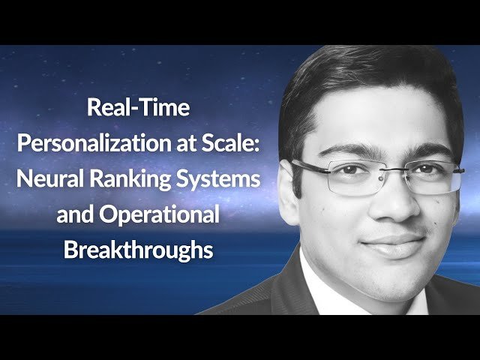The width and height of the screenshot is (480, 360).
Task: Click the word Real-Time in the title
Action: (139, 109)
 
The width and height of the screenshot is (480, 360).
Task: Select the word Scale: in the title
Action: (222, 144)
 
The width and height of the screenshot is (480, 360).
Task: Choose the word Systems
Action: (224, 180)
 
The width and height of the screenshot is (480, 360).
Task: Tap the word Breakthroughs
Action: (139, 250)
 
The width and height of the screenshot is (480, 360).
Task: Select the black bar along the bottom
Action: (240, 337)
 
